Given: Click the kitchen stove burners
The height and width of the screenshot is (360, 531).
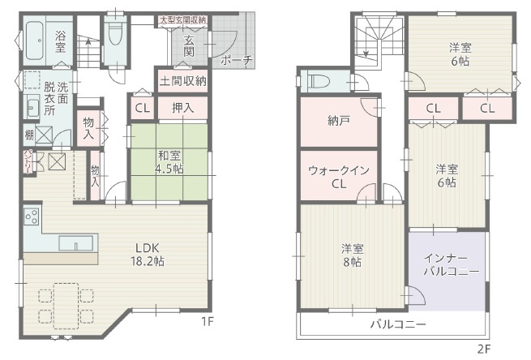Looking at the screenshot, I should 32,217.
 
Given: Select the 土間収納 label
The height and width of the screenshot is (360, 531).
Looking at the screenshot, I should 182,80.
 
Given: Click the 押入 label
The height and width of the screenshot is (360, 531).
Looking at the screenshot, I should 182,108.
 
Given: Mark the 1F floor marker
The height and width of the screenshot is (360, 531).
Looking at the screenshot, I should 208,321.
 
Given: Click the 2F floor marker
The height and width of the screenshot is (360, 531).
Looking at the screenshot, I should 484,349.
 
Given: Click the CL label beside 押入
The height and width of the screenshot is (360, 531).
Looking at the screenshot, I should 142,108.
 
